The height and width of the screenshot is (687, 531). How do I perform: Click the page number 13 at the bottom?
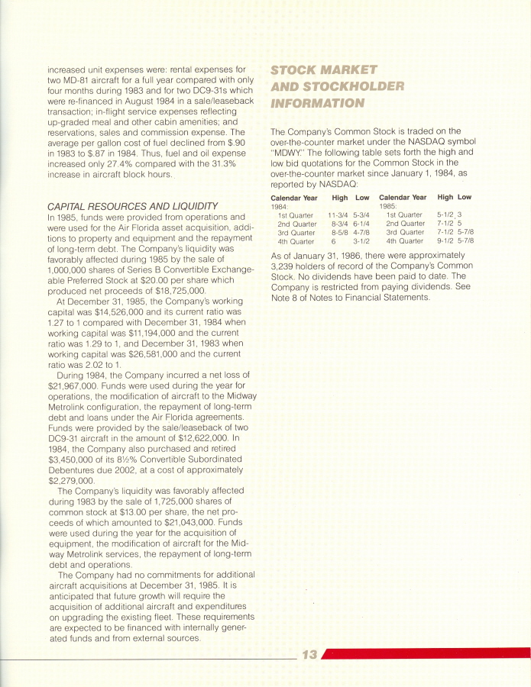[x=309, y=654]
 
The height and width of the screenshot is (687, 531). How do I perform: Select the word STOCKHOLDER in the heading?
[x=351, y=86]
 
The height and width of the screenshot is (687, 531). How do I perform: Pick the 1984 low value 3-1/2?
[x=361, y=240]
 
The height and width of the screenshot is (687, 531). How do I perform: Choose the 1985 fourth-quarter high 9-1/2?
[x=445, y=240]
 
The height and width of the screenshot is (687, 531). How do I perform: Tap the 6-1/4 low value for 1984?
[x=361, y=224]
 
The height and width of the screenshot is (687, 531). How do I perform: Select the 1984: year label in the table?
[x=279, y=206]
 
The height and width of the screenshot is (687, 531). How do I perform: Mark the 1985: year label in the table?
[x=387, y=206]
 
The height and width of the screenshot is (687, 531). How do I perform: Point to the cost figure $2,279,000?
[x=70, y=481]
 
